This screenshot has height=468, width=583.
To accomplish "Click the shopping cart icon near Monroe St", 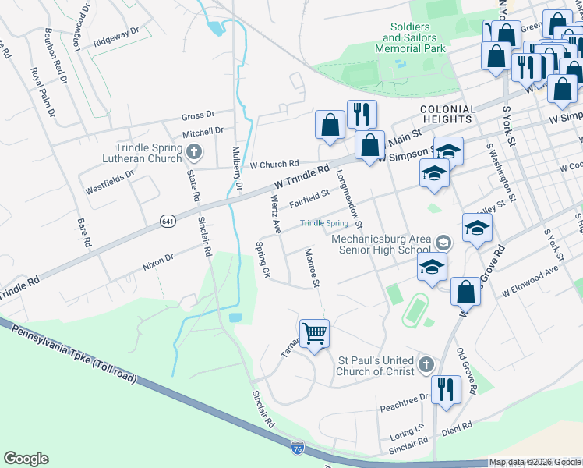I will click(x=315, y=334).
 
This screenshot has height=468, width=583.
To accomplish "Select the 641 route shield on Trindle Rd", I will click(x=168, y=222).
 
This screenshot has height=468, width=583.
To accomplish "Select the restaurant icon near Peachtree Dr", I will click(x=445, y=388).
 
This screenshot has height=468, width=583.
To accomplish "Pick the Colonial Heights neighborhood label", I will click(x=447, y=115).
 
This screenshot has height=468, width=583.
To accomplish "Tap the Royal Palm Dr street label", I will click(x=42, y=93).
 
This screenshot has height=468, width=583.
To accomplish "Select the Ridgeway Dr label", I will click(x=115, y=37).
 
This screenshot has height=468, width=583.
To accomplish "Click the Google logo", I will click(x=26, y=459).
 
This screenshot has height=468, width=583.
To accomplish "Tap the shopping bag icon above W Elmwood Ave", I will click(x=465, y=292).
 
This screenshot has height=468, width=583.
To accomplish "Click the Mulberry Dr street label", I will click(x=238, y=169).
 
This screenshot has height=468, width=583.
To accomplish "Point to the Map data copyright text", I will click(x=535, y=462).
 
